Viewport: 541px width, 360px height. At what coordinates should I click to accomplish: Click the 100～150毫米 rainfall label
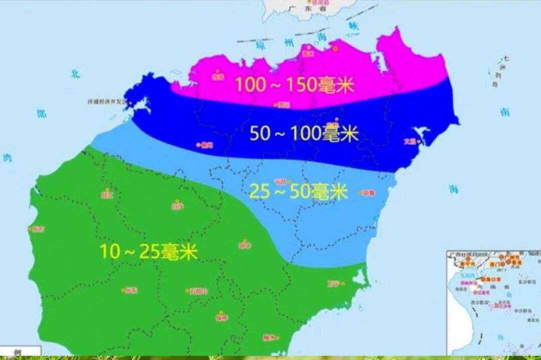tap(295, 85)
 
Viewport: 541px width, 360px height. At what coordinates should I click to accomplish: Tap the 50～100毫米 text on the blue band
tap(304, 134)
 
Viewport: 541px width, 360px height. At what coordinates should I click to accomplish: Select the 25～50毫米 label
tap(299, 192)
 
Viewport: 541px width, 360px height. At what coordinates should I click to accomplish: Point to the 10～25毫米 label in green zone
tap(149, 251)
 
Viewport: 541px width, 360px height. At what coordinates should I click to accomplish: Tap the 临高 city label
tap(217, 77)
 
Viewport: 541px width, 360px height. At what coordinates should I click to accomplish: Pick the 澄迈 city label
tap(283, 105)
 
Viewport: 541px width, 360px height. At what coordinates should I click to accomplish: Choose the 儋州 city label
tap(206, 145)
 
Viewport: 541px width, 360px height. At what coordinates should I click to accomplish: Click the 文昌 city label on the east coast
tap(410, 141)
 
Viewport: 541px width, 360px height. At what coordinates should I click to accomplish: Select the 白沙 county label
tap(177, 205)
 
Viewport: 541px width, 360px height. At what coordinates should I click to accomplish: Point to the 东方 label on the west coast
tap(38, 229)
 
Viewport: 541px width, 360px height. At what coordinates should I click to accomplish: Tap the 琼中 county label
tap(244, 245)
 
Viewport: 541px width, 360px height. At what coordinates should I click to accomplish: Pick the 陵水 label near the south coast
tap(269, 337)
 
